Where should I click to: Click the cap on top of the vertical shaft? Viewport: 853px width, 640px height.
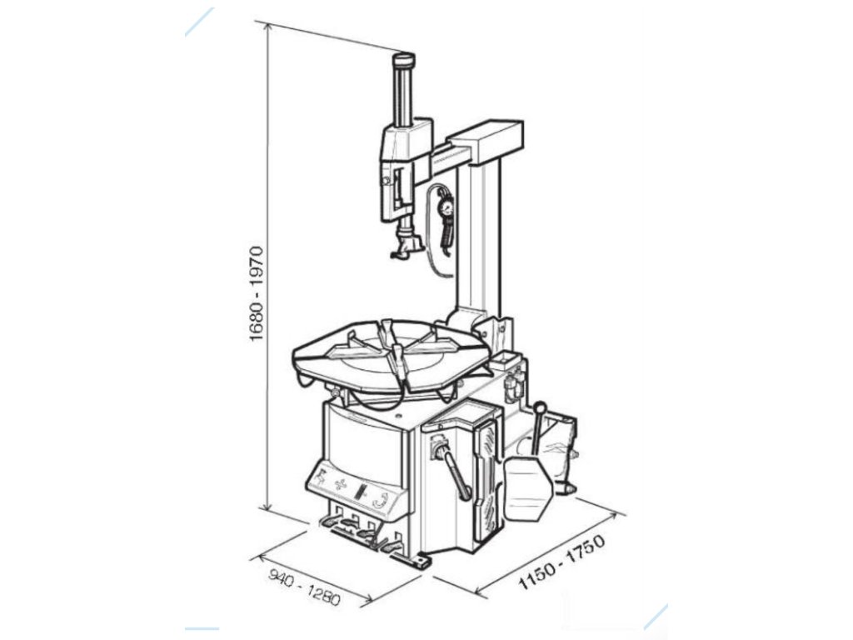[x=404, y=59]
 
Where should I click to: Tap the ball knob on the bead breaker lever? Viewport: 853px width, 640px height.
[x=540, y=408]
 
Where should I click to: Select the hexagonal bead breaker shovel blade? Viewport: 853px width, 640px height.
[x=527, y=489]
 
